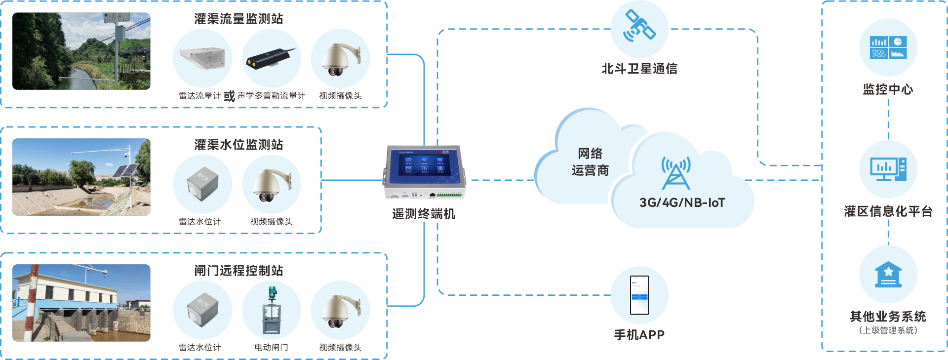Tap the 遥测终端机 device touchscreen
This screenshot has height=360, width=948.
(424, 163)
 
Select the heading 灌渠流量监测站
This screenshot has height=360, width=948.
(238, 19)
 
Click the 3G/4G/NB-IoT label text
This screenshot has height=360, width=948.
(682, 202)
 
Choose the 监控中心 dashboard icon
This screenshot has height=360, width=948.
(888, 48)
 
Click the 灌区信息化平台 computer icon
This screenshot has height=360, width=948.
(888, 169)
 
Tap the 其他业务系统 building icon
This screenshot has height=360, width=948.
(888, 275)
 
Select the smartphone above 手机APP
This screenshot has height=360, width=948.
(639, 295)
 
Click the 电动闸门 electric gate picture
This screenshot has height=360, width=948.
(272, 310)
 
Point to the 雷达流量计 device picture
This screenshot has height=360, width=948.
(202, 58)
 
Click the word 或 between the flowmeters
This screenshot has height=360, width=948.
(229, 96)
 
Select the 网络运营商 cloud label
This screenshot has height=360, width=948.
(590, 162)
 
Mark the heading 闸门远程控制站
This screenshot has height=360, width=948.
(238, 271)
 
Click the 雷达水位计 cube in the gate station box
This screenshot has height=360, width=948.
(202, 310)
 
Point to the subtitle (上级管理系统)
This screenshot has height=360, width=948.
(888, 330)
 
